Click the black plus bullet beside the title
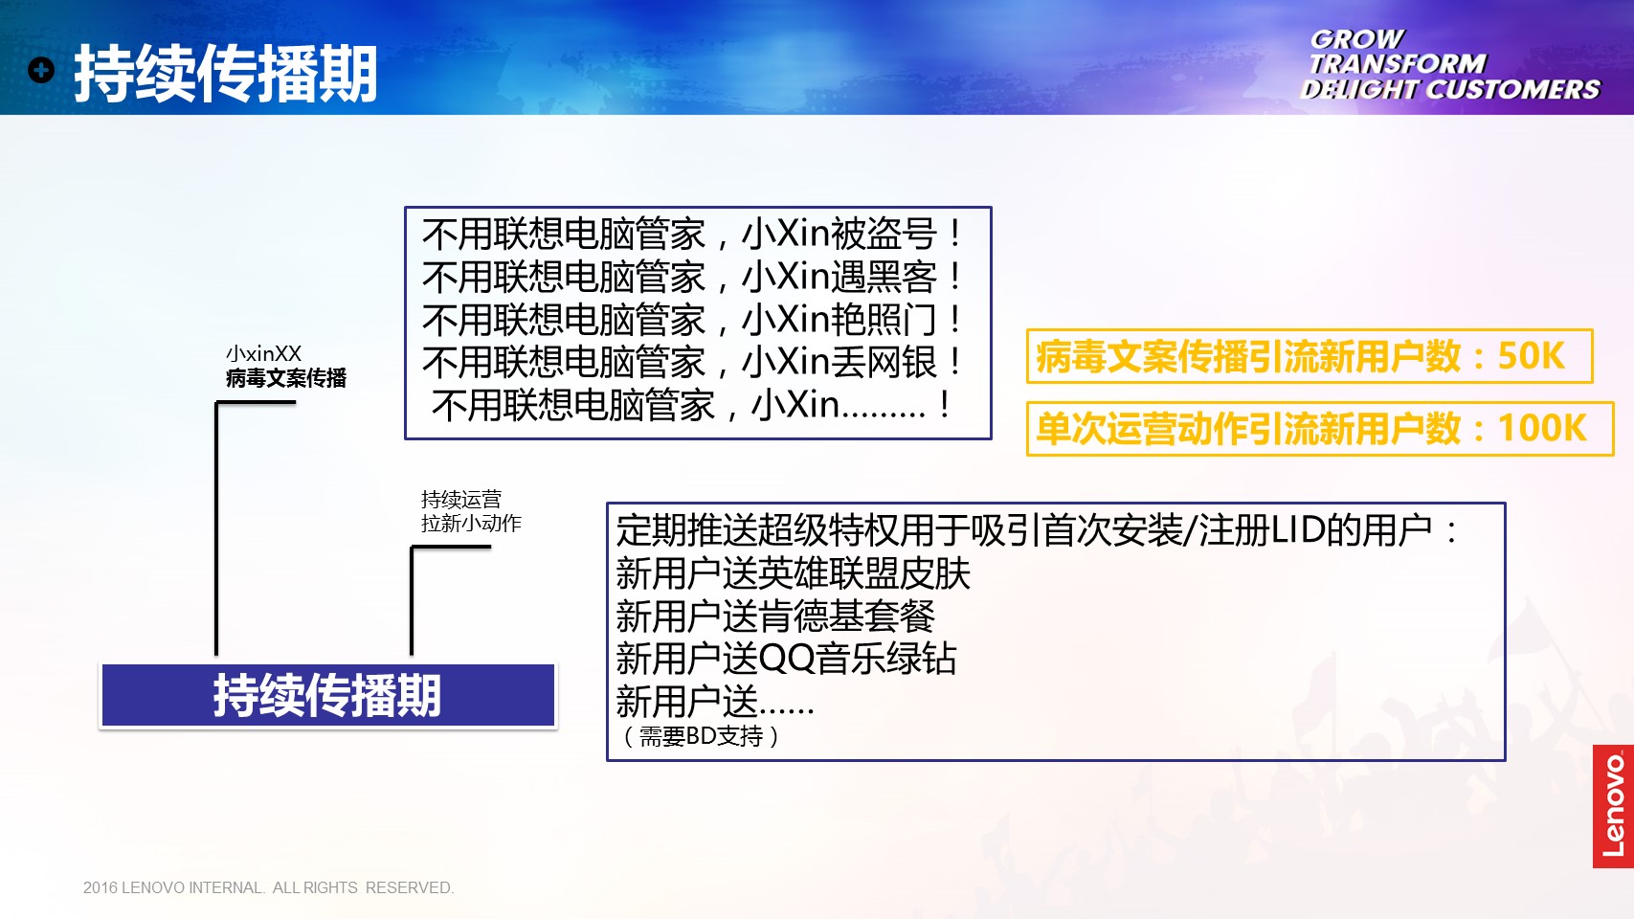pos(41,70)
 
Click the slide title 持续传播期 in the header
pos(225,73)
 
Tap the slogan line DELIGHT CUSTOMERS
pos(1450,89)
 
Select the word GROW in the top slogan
pos(1356,38)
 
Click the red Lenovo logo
pos(1613,806)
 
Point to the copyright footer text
pos(268,887)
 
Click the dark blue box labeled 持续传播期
pos(328,695)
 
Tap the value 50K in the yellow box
pos(1532,356)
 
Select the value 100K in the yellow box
pos(1542,427)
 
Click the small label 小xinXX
pos(263,354)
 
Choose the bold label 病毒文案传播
pos(286,378)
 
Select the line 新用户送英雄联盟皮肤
pos(793,573)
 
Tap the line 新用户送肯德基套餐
pos(775,616)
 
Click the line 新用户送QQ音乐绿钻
pos(786,659)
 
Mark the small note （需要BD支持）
pos(701,737)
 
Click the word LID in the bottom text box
pos(1298,530)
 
